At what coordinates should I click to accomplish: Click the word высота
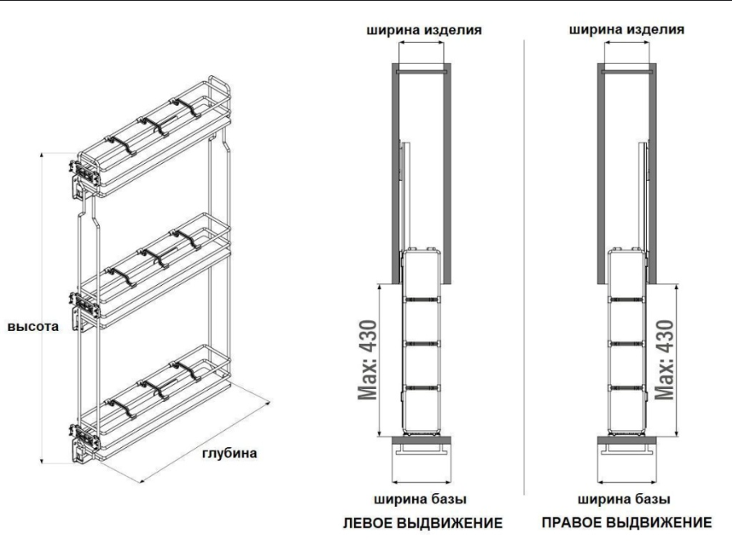33,327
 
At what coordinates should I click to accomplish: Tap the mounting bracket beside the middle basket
83,310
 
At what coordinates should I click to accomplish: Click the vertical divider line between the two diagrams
525,246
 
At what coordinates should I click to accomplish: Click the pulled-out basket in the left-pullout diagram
421,344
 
